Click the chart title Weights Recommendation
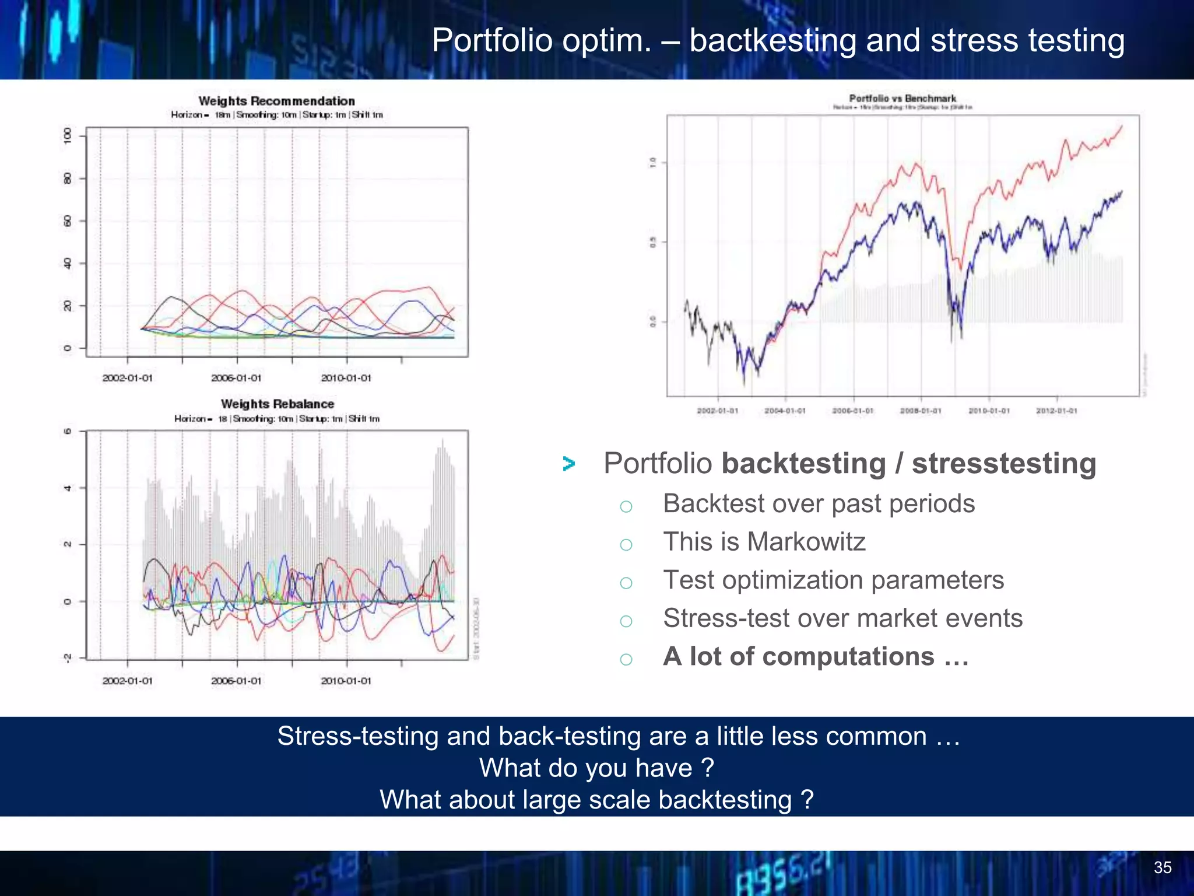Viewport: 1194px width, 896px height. click(x=276, y=101)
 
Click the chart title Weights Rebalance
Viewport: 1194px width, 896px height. click(x=278, y=404)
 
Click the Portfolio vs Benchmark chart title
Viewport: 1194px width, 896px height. click(x=902, y=99)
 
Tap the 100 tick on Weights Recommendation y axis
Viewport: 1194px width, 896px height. click(x=68, y=136)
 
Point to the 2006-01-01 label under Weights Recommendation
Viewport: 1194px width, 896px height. click(x=236, y=378)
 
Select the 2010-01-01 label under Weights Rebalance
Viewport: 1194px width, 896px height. click(x=346, y=681)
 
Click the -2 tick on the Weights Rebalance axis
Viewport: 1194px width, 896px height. click(x=68, y=658)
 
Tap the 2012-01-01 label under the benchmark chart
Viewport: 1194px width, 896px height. click(x=1056, y=411)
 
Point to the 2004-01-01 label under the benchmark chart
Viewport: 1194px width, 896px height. click(x=785, y=411)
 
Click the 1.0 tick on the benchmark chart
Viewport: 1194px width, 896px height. click(x=653, y=163)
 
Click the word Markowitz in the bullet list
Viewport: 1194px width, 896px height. click(x=806, y=541)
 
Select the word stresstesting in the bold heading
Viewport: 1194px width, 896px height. click(x=1004, y=464)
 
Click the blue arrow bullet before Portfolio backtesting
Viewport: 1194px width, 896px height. click(x=569, y=464)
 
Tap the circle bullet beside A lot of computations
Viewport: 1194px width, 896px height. click(x=626, y=659)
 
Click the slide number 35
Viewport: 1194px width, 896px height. click(x=1163, y=867)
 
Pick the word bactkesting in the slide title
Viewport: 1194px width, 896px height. click(x=772, y=41)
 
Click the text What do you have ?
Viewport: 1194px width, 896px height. click(x=596, y=768)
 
